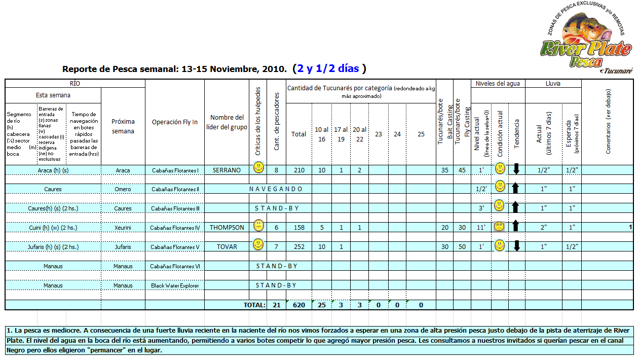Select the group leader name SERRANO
click(x=227, y=170)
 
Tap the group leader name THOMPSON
click(x=227, y=228)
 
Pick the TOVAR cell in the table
click(x=227, y=247)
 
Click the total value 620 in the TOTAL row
click(x=299, y=305)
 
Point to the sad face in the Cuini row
click(x=500, y=227)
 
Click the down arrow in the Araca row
click(x=516, y=169)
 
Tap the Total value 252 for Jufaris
click(x=299, y=247)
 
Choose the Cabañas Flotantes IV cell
click(x=175, y=228)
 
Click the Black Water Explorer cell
click(x=175, y=285)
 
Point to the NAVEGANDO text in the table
click(x=276, y=189)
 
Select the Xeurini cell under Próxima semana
click(x=123, y=228)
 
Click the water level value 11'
click(x=480, y=228)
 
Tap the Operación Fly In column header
click(x=175, y=122)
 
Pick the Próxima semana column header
click(x=123, y=126)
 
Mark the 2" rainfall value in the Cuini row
click(x=543, y=228)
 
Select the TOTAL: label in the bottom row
click(x=254, y=305)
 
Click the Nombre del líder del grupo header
click(x=227, y=122)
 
